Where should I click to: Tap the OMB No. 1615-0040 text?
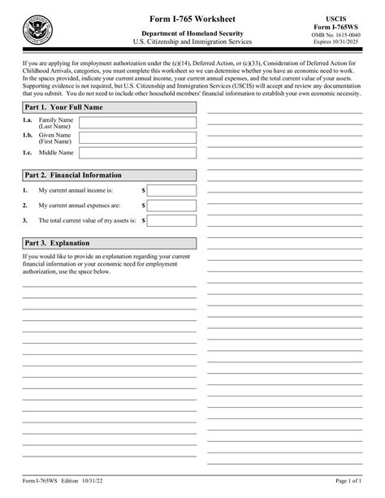342,35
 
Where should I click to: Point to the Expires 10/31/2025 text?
342,43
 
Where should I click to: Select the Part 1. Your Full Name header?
109,107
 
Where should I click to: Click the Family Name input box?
137,123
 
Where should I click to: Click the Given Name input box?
137,137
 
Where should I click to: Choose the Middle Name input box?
137,152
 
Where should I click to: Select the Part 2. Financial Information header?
109,175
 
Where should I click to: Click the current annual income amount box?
171,190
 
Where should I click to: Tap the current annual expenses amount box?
171,205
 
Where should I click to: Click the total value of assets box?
171,219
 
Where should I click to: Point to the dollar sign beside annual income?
144,190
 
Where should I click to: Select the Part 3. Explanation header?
109,243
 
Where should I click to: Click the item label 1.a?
28,120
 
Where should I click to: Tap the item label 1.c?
28,152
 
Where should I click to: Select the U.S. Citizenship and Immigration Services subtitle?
192,41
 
